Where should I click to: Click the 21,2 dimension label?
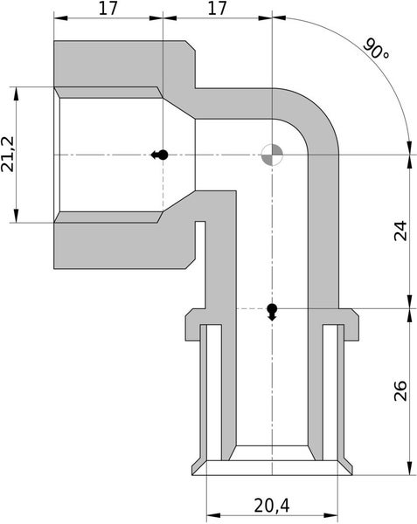point(10,155)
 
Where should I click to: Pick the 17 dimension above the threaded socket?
point(108,9)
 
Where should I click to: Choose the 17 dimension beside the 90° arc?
point(218,9)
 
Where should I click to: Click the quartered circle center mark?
point(272,155)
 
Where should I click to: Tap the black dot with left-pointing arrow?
point(160,155)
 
